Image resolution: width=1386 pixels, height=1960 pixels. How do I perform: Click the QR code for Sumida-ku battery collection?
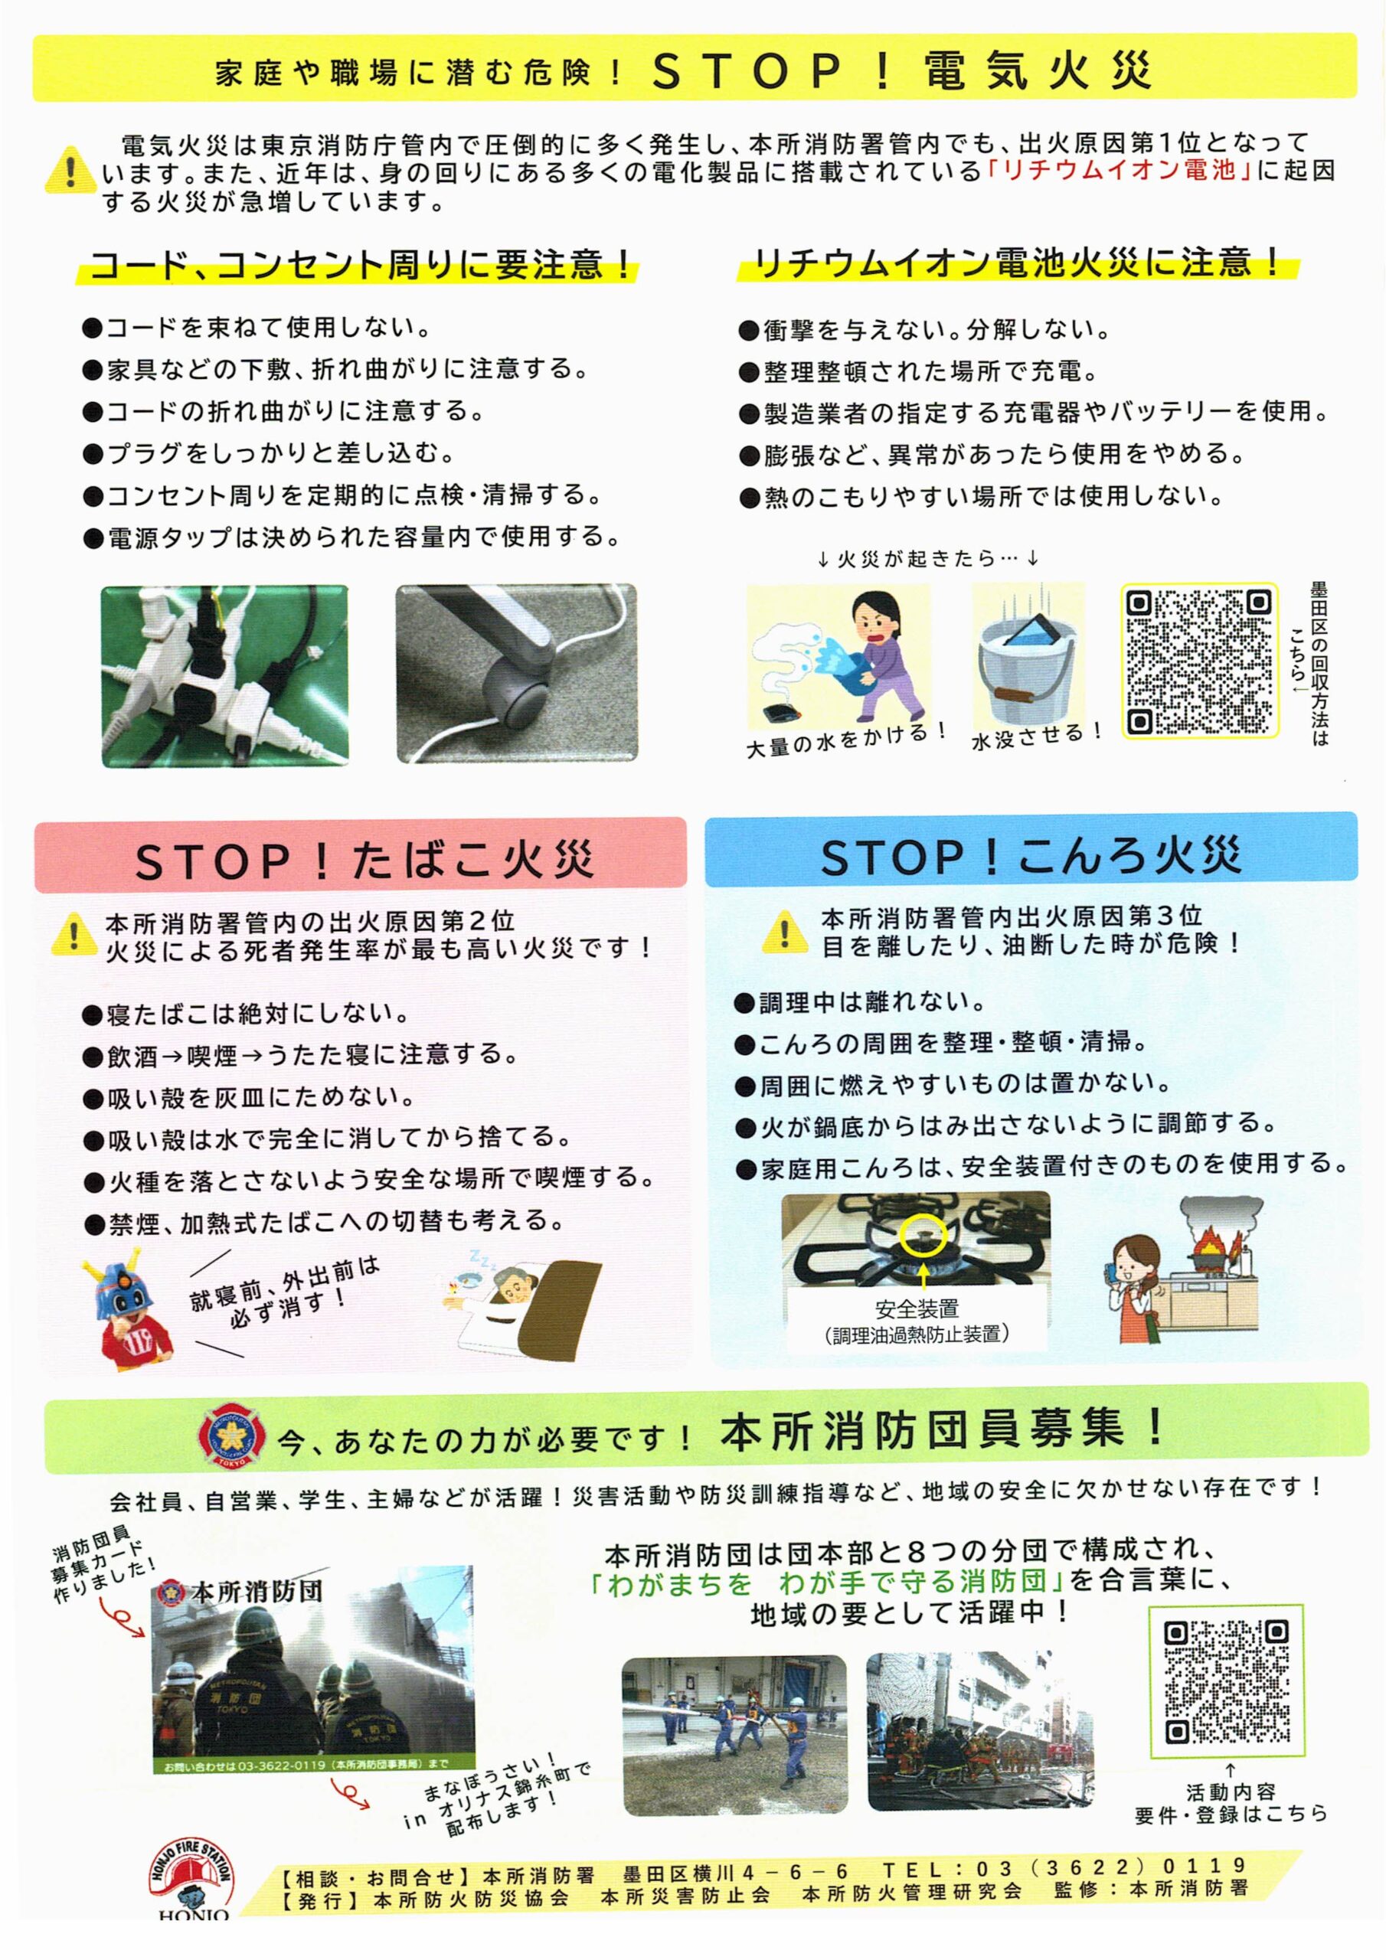point(1198,661)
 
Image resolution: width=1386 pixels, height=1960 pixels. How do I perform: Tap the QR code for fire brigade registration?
point(1226,1681)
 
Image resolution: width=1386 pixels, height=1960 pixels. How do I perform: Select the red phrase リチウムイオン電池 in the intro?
point(1118,171)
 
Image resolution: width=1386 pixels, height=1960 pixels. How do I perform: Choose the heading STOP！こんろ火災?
point(1030,857)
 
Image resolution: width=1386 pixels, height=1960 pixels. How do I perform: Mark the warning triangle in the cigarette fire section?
point(74,936)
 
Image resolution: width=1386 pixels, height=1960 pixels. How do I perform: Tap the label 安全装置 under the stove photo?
point(917,1308)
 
